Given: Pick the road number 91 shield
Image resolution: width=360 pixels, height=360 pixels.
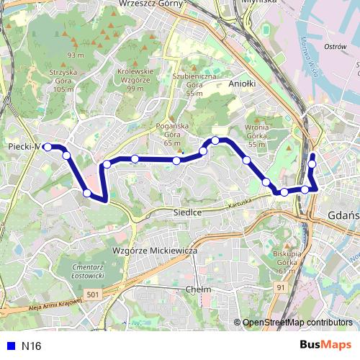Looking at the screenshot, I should (281, 287).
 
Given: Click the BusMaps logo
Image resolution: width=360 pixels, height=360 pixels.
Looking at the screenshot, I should (325, 345).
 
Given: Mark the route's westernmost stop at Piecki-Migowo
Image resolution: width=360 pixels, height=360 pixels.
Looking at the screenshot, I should (48, 147).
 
